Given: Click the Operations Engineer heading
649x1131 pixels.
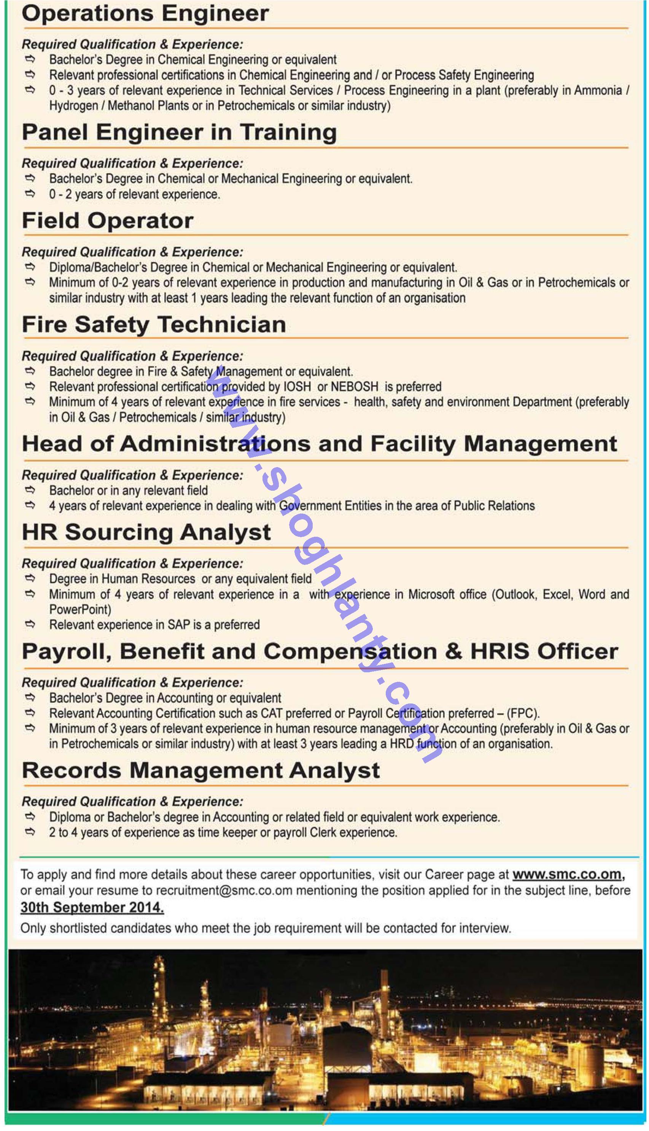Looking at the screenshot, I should [x=145, y=13].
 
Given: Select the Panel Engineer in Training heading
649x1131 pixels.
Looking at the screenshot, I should [x=179, y=132].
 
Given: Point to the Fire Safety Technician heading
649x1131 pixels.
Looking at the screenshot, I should [x=154, y=324].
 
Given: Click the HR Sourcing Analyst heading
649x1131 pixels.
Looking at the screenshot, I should [x=146, y=532].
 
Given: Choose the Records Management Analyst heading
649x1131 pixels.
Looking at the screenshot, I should [x=200, y=770].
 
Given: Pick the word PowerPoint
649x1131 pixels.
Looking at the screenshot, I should [x=80, y=609].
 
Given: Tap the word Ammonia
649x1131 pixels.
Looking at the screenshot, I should [x=598, y=91].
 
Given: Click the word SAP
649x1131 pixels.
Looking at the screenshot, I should [x=179, y=624].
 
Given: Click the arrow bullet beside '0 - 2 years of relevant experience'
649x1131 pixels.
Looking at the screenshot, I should [x=30, y=194].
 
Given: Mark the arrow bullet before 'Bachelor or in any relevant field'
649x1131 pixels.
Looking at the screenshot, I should [x=30, y=490].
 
